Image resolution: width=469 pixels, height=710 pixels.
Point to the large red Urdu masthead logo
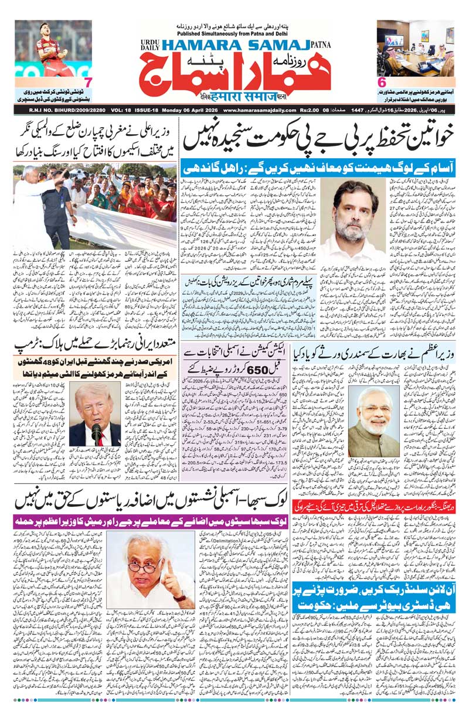click(x=235, y=75)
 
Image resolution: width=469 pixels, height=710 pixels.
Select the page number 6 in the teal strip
click(x=382, y=83)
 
